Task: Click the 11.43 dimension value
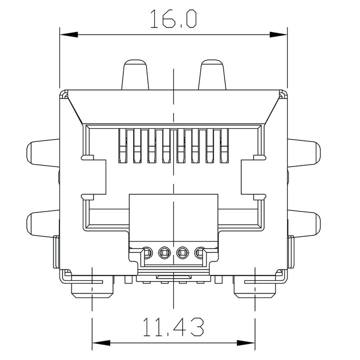[x=173, y=327]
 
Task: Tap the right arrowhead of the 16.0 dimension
[x=278, y=35]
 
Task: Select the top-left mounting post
[x=135, y=75]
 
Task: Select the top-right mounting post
[x=212, y=75]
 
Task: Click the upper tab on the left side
[x=43, y=153]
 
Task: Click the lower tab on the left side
[x=43, y=223]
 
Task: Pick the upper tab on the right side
[x=304, y=153]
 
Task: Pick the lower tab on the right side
[x=304, y=223]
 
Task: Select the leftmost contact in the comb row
[x=122, y=146]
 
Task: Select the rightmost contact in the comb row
[x=224, y=146]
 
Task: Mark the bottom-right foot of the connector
[x=255, y=290]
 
